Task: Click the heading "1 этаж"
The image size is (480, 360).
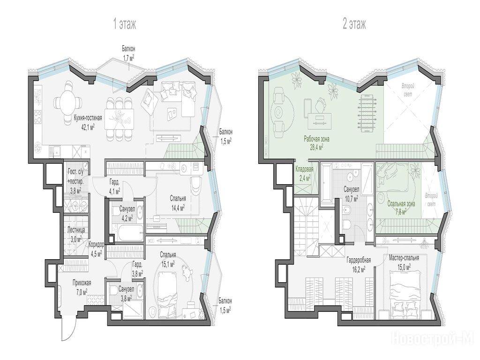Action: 125,24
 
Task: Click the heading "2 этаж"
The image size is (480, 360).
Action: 354,24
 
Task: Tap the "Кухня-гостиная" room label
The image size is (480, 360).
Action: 88,118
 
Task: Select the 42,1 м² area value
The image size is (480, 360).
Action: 88,126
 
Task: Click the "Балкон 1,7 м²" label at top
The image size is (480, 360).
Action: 128,52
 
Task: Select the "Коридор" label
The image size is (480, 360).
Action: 97,245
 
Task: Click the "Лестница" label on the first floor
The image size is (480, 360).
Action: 76,230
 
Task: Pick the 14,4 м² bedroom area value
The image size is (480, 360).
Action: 178,208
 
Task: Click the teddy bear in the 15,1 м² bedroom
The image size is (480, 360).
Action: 187,271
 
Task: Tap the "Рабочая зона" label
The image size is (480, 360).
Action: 316,139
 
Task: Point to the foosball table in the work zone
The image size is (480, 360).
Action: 366,113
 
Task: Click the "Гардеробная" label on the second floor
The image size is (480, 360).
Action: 359,260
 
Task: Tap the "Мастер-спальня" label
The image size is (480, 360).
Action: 404,258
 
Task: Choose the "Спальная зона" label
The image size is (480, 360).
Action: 401,203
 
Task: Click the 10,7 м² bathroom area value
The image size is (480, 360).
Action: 351,199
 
